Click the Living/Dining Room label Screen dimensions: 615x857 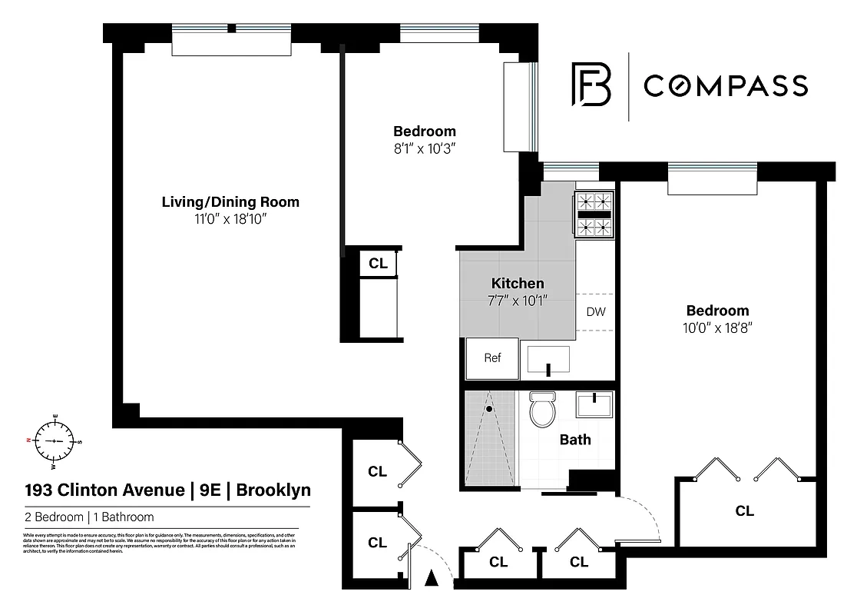tap(230, 202)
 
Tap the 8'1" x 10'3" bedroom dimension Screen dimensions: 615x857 tap(425, 148)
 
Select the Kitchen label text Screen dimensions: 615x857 tap(518, 284)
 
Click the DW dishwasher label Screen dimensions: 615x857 tap(596, 312)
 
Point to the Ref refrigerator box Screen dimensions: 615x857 tap(492, 358)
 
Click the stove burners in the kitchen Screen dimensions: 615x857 tap(595, 214)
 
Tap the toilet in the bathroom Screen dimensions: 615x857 tap(543, 410)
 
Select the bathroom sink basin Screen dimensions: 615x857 tap(596, 404)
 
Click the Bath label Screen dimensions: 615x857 tap(575, 440)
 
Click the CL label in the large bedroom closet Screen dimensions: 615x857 tap(744, 510)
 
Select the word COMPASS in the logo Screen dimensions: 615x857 tap(725, 85)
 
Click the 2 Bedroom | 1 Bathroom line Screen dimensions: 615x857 tap(90, 517)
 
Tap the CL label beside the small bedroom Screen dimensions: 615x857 tap(378, 263)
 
